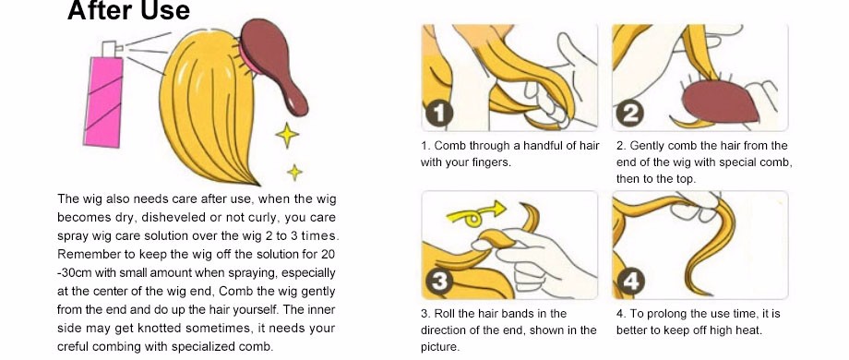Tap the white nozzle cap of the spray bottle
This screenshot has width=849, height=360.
[109, 49]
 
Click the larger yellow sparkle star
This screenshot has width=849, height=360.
[287, 135]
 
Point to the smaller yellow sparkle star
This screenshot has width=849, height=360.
[294, 172]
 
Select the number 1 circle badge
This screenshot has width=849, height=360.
[438, 114]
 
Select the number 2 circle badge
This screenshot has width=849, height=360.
[629, 114]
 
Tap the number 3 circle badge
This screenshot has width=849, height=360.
[438, 282]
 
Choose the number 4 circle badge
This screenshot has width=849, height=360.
[629, 282]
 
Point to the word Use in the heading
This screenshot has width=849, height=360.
[167, 10]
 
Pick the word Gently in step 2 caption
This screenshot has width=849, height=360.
[648, 146]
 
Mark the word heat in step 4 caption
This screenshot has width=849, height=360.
[748, 330]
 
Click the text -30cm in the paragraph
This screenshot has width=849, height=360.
[74, 273]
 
